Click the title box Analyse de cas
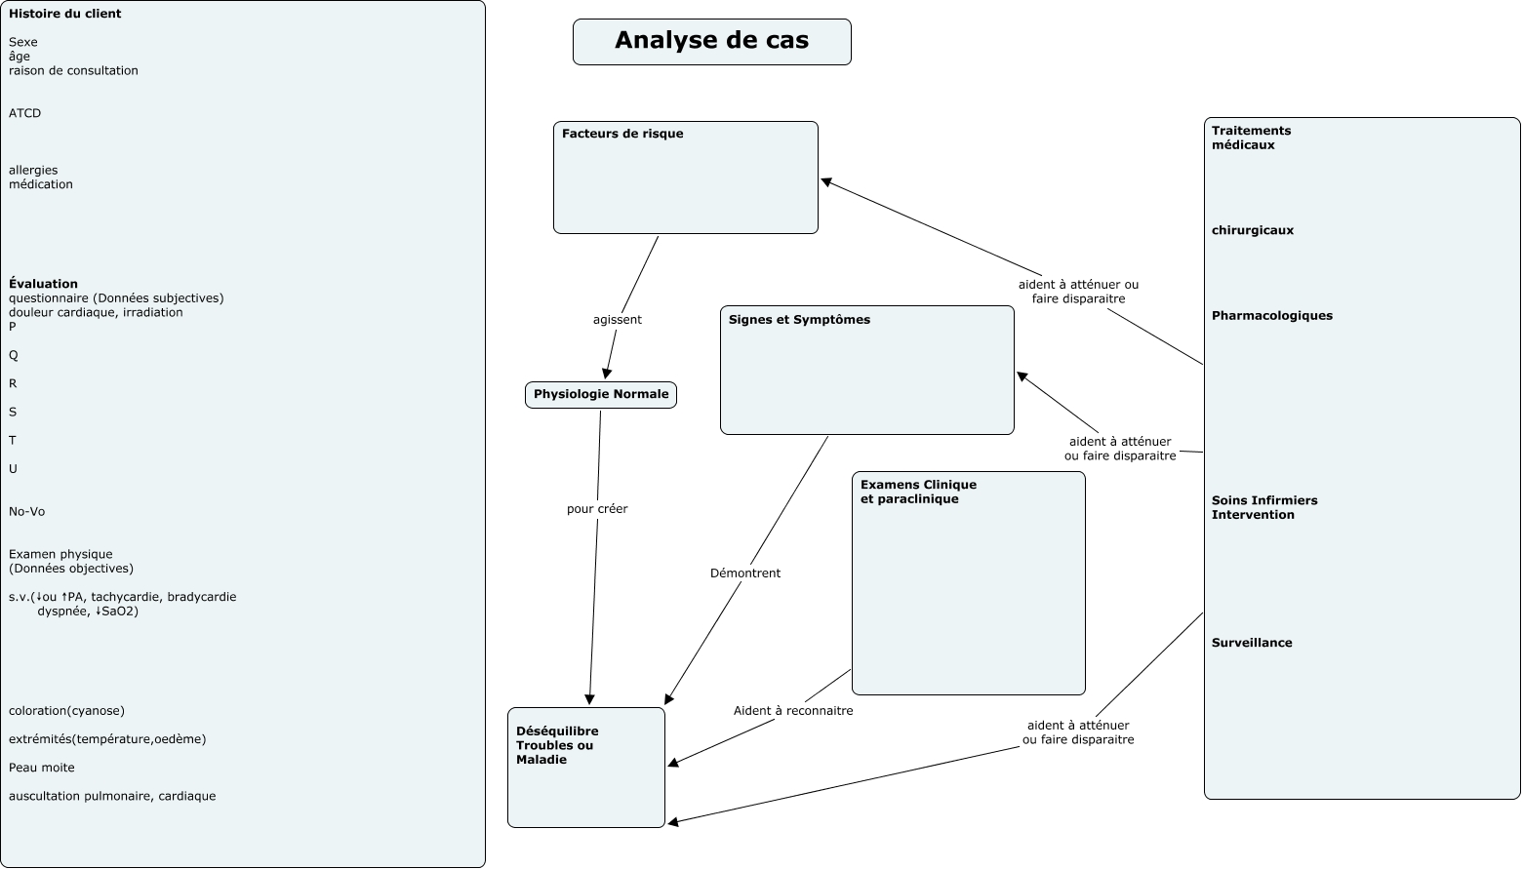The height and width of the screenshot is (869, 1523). click(x=711, y=41)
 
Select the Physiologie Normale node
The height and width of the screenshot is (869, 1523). click(x=600, y=394)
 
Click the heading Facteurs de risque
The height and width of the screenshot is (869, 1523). click(x=622, y=134)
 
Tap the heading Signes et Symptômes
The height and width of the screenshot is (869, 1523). click(x=799, y=320)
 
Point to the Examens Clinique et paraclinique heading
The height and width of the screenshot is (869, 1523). click(x=917, y=492)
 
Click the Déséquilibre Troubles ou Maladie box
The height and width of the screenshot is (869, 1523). click(x=585, y=767)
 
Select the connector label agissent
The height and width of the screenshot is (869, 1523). click(x=617, y=320)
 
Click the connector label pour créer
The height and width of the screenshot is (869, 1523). click(x=597, y=509)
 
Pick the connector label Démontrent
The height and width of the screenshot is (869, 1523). click(x=744, y=573)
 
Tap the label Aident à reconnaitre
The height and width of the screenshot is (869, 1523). click(x=792, y=711)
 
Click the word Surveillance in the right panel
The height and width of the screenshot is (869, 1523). click(x=1252, y=643)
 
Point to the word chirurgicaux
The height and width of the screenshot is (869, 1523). click(x=1253, y=231)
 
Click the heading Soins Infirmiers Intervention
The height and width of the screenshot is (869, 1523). click(x=1263, y=507)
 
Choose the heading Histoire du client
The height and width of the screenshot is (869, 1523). click(x=64, y=15)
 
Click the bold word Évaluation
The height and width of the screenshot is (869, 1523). click(x=43, y=284)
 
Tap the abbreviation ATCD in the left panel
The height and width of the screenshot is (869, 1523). click(x=25, y=113)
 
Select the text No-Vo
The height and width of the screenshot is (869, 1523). click(x=26, y=512)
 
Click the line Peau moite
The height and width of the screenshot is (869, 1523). click(x=42, y=768)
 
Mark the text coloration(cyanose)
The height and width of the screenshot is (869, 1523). click(x=66, y=711)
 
